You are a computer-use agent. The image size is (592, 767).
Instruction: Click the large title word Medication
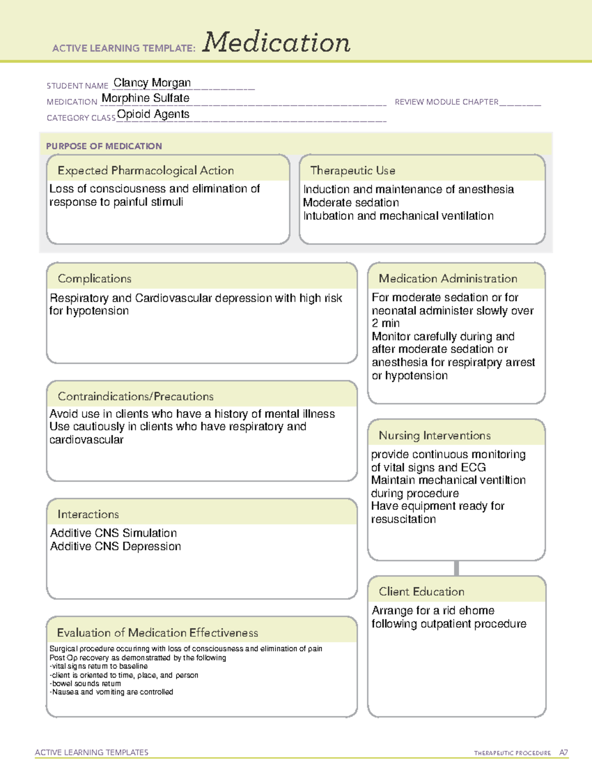[x=276, y=42]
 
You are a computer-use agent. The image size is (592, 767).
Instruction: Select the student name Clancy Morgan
[x=152, y=83]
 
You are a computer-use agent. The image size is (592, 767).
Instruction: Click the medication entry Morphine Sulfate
[x=146, y=98]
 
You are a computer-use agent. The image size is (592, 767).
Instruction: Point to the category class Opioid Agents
[x=153, y=114]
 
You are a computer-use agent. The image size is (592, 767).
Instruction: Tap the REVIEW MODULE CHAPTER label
[x=446, y=102]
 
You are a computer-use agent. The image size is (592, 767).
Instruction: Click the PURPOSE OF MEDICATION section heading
[x=104, y=146]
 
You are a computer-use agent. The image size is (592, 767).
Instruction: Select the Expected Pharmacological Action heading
[x=146, y=170]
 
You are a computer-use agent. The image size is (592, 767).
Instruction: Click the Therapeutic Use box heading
[x=353, y=170]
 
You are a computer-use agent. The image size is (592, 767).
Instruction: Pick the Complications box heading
[x=95, y=279]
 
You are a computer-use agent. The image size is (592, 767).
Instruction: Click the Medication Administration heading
[x=448, y=279]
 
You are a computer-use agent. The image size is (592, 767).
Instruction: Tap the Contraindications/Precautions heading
[x=136, y=396]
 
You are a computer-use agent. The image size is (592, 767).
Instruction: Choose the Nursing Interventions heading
[x=435, y=435]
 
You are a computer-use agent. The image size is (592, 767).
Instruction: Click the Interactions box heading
[x=88, y=514]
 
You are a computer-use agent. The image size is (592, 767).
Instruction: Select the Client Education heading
[x=421, y=591]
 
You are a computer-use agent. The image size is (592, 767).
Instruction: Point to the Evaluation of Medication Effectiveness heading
[x=157, y=633]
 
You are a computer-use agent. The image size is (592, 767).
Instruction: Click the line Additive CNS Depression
[x=115, y=546]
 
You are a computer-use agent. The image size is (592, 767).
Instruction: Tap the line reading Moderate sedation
[x=351, y=202]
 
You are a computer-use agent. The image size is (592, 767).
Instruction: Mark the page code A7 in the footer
[x=563, y=753]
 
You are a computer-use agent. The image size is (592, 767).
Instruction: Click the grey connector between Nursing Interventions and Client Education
[x=456, y=568]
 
